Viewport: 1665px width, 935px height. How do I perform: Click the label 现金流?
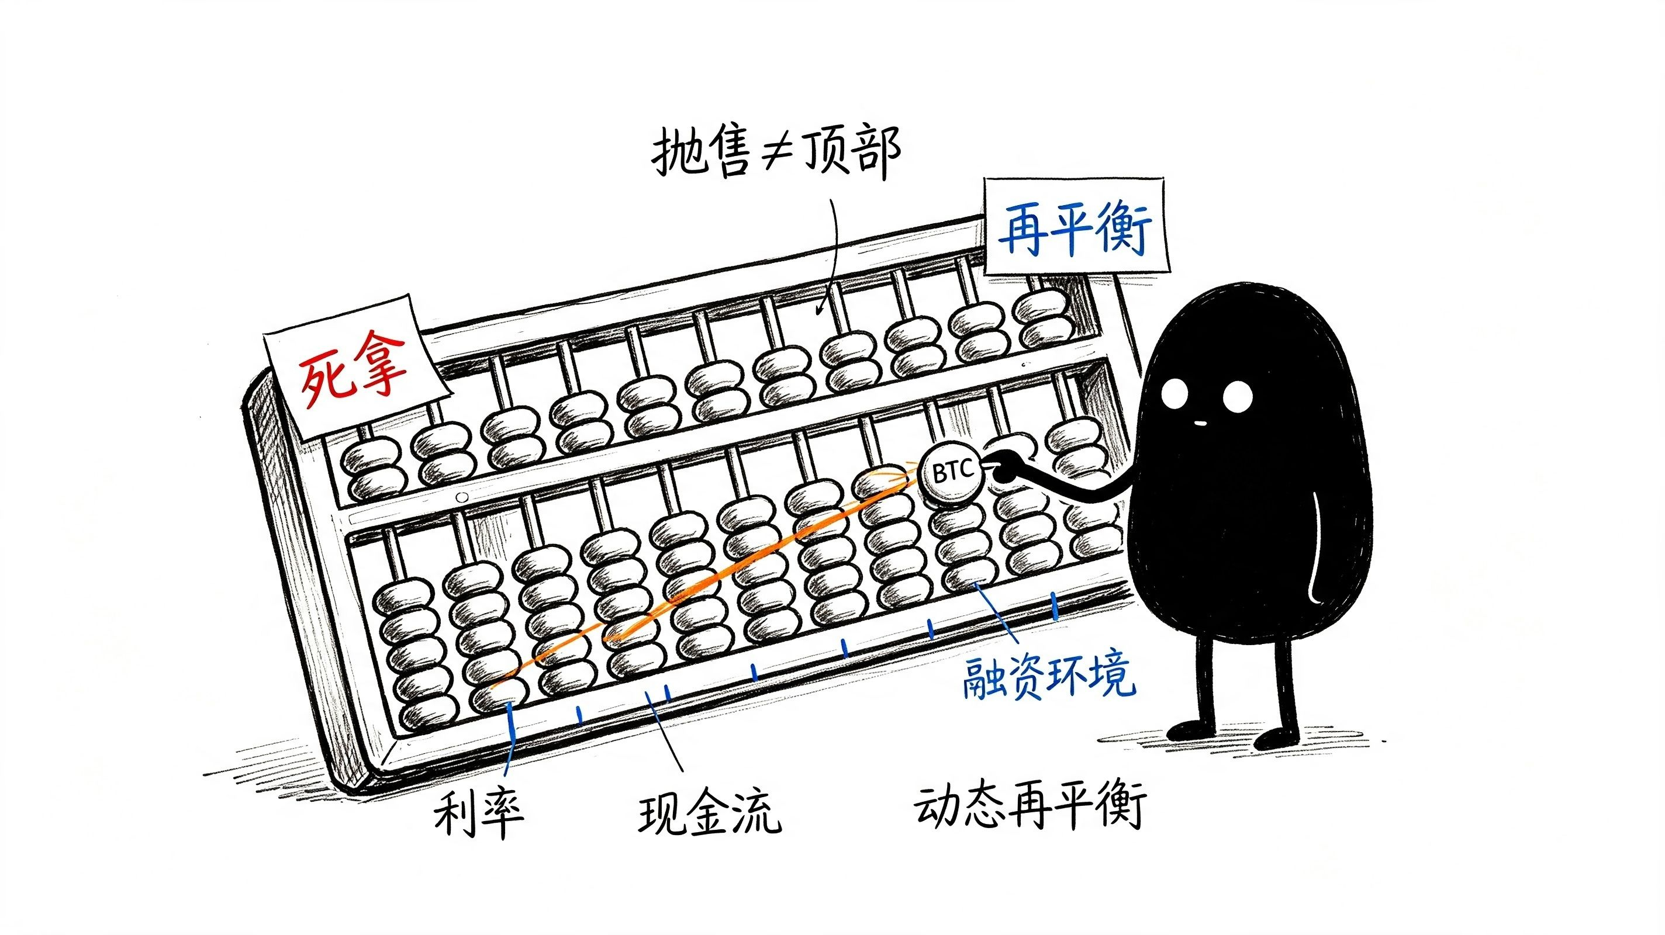coord(710,812)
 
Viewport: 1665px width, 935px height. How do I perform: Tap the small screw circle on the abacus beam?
coord(461,497)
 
